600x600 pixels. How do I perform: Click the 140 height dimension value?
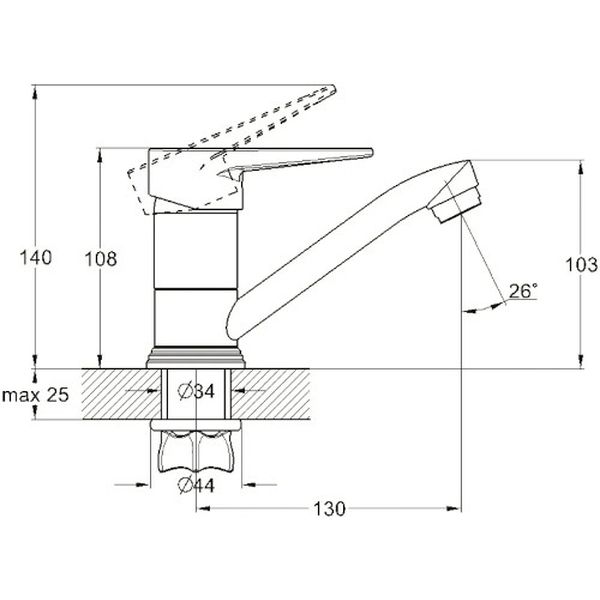coord(35,258)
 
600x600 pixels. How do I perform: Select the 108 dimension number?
coord(100,259)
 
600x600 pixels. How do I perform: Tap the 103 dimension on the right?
coord(581,265)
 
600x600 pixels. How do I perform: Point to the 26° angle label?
coord(522,291)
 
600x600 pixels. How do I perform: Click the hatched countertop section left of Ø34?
coord(115,395)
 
